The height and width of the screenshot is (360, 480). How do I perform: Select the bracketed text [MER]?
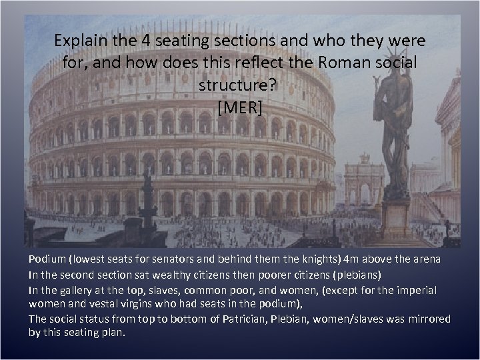coord(240,107)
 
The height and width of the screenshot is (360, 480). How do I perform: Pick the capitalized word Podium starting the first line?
coord(47,259)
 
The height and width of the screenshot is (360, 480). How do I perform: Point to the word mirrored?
coord(429,320)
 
